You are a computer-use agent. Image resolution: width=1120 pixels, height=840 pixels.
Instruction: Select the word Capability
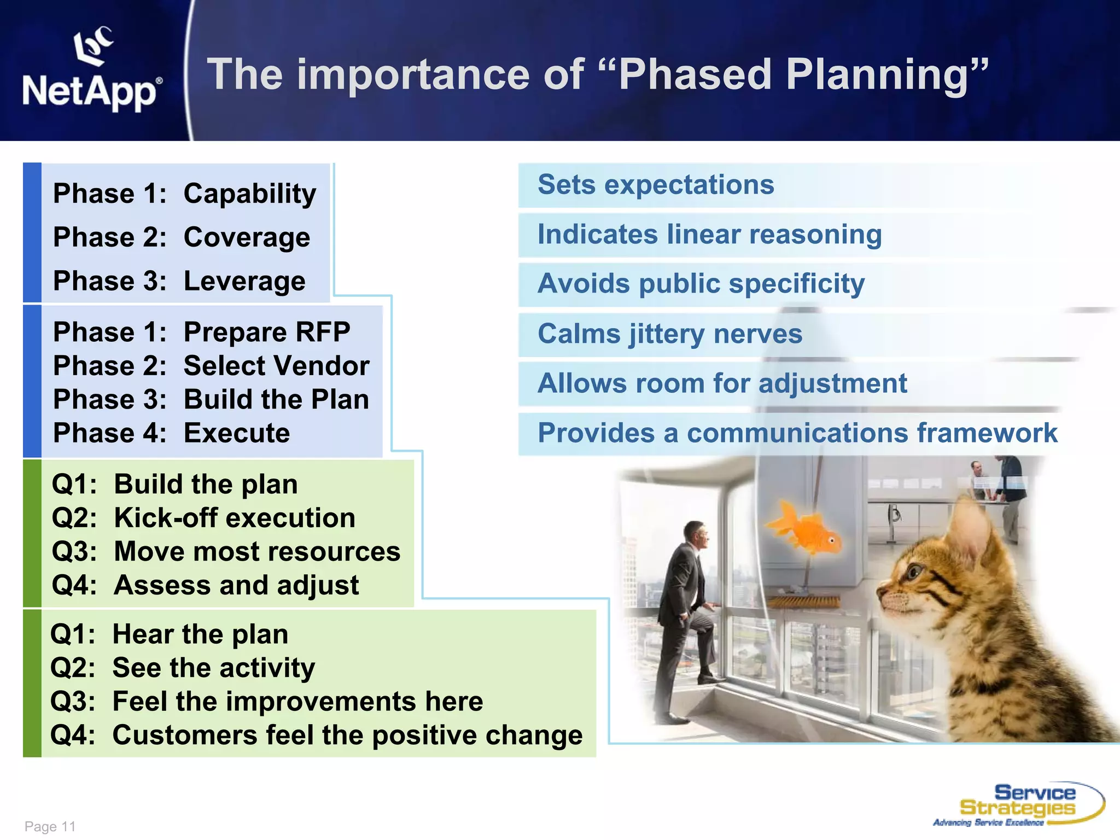[249, 194]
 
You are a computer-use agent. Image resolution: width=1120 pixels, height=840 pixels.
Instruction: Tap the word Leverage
[244, 282]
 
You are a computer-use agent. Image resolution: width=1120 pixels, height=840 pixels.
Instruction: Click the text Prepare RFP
[266, 332]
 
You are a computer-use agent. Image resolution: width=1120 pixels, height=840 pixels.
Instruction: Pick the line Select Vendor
[276, 366]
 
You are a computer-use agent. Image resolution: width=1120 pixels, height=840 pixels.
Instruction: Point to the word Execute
[236, 434]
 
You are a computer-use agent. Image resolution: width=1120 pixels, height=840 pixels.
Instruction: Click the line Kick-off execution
[234, 518]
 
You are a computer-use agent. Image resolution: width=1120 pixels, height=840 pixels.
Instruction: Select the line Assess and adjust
[236, 585]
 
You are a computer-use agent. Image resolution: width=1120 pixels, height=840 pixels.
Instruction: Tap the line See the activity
[213, 668]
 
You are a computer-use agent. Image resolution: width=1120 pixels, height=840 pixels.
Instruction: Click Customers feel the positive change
[347, 736]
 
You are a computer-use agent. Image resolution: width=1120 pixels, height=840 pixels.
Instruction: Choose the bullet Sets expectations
[655, 185]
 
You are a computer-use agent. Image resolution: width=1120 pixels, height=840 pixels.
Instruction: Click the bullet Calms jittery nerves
[669, 334]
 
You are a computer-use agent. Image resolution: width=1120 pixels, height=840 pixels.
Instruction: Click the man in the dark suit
[684, 612]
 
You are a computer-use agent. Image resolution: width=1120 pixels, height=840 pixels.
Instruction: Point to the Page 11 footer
[50, 826]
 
